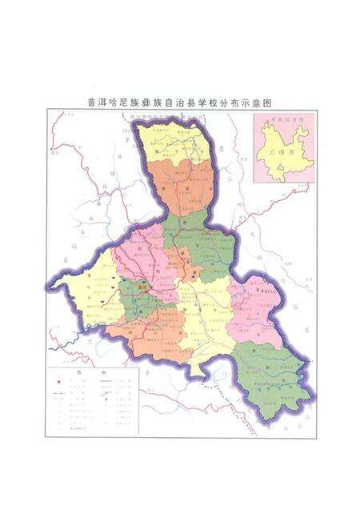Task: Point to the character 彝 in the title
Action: coord(142,102)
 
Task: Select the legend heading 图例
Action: coord(81,372)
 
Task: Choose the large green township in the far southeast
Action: coord(272,368)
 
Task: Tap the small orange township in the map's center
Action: coord(186,264)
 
